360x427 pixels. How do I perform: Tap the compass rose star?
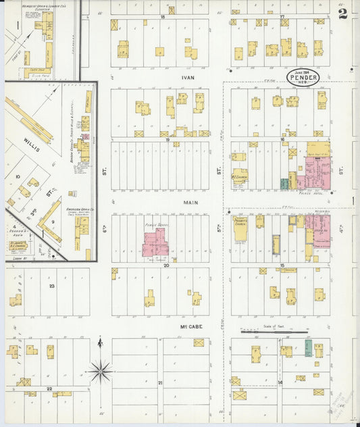pos(100,370)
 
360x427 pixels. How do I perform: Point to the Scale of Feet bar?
pos(274,332)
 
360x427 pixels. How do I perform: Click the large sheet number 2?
pos(343,14)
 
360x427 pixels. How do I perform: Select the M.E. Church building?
pos(239,176)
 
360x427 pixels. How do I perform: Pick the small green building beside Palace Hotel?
pos(284,183)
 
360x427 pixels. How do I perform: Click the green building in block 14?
pos(308,349)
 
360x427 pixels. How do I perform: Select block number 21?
pos(160,383)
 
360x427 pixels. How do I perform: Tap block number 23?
pos(51,286)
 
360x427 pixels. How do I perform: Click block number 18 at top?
pos(162,16)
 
